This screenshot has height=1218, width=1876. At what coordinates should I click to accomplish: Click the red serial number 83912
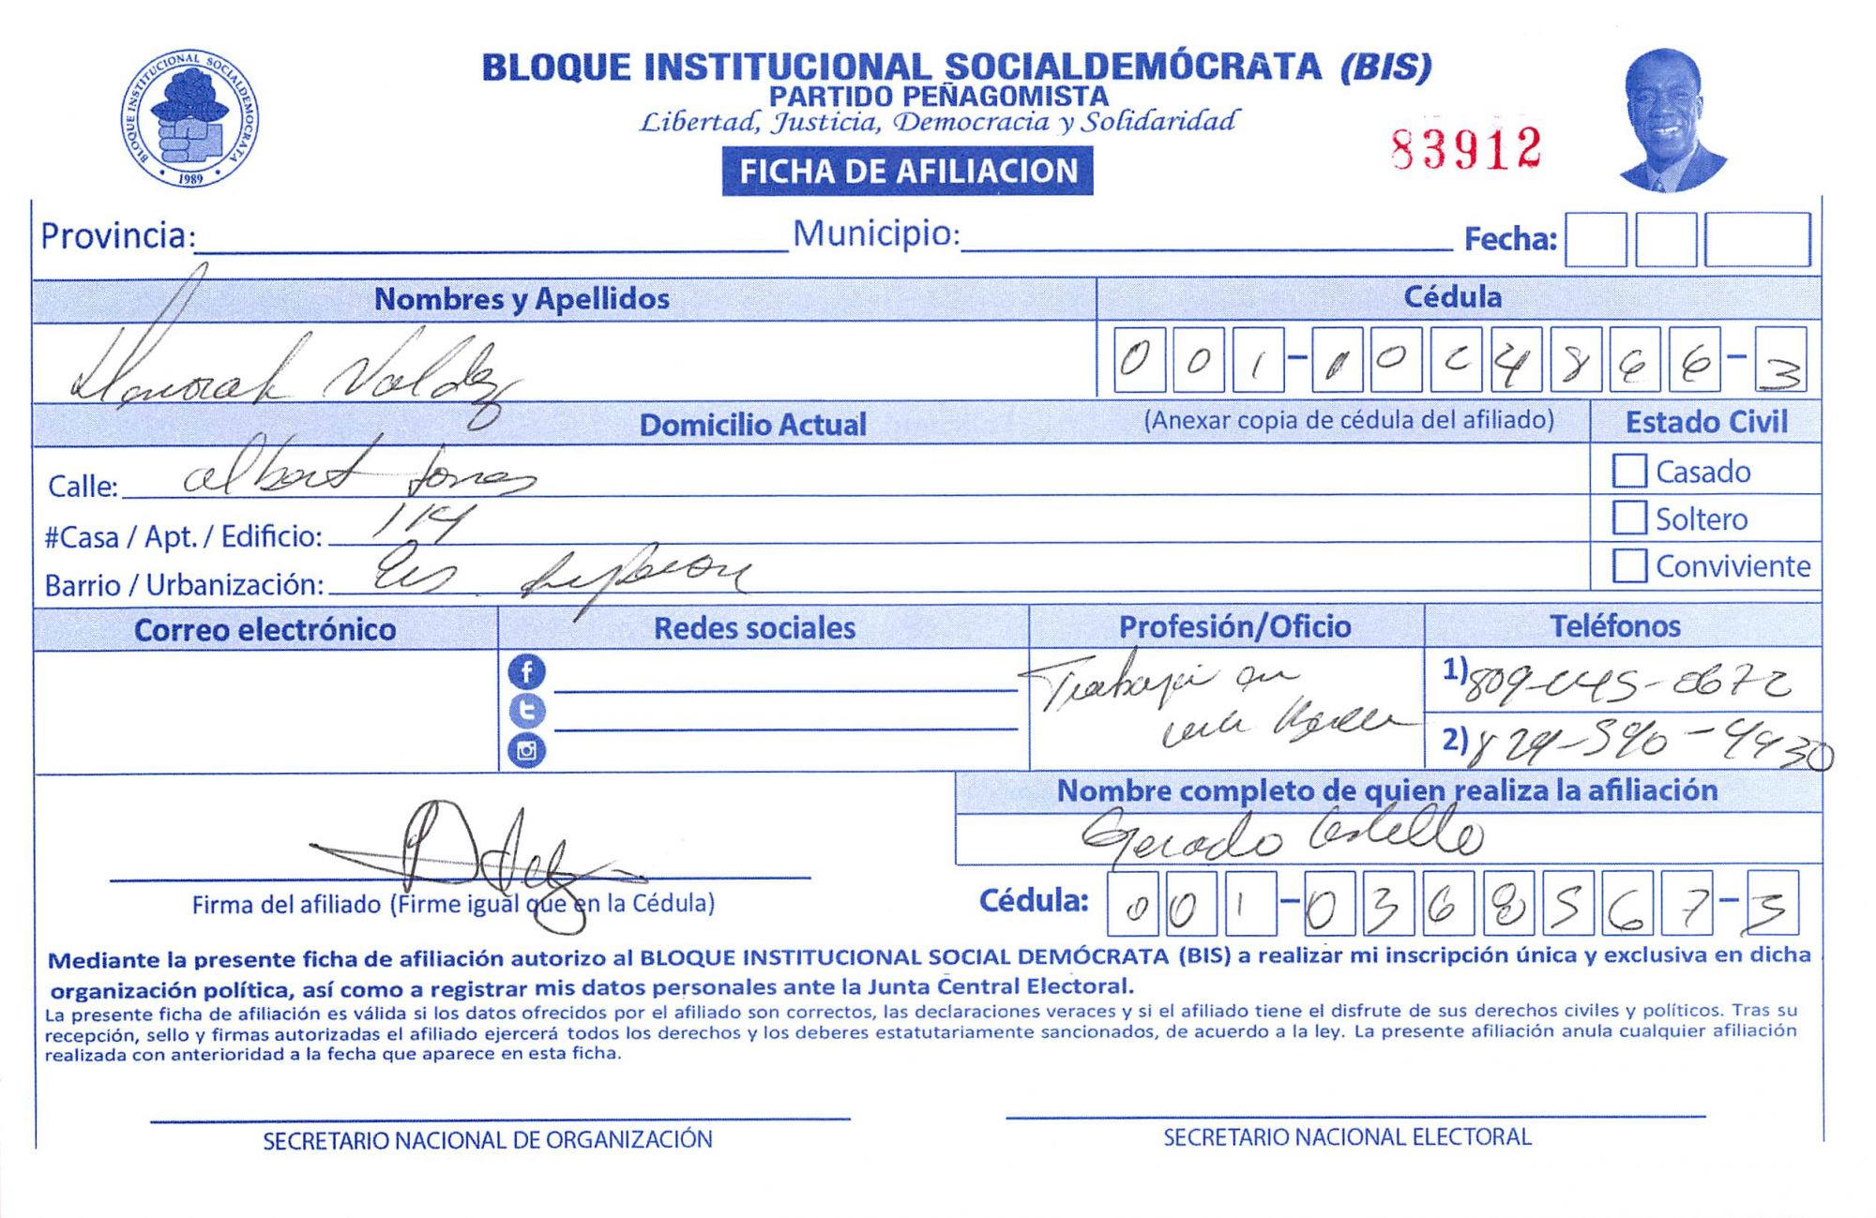point(1466,148)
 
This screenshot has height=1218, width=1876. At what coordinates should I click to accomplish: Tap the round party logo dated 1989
point(189,118)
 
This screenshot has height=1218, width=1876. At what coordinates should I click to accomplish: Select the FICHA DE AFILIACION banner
point(907,172)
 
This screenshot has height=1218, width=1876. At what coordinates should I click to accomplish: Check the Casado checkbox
point(1629,471)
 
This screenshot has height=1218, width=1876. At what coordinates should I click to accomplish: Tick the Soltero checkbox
point(1629,518)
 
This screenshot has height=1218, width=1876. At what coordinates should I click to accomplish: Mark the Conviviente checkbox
point(1629,565)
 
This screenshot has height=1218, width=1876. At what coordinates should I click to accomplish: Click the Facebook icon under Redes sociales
point(526,671)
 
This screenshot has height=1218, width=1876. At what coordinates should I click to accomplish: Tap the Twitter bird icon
point(526,711)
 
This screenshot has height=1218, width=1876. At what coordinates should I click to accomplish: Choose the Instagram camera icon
point(526,750)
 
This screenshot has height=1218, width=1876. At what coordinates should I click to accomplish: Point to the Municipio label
point(876,233)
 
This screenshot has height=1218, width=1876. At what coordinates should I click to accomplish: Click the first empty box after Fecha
point(1596,240)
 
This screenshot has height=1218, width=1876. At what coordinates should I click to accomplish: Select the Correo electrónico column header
point(265,629)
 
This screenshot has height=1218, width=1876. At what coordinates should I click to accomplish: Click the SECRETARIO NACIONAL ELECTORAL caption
point(1347,1137)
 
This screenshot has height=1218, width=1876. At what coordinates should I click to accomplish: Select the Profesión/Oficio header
point(1234,626)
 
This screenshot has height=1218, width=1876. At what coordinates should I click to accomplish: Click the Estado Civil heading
point(1706,422)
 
